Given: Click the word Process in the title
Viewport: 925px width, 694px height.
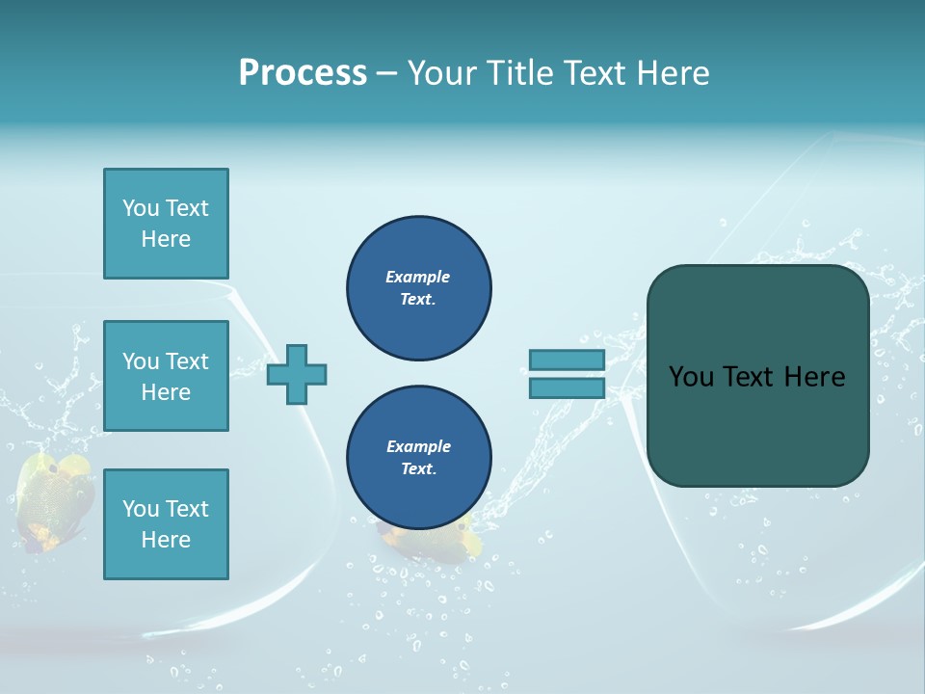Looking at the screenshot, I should tap(303, 72).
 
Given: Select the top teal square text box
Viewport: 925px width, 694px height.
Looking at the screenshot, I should tap(166, 224).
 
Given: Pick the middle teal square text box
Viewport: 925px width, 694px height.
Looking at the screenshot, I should tap(166, 376).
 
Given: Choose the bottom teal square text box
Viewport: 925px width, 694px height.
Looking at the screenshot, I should tap(166, 524).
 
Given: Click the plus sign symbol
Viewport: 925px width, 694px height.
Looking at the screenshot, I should tap(297, 374).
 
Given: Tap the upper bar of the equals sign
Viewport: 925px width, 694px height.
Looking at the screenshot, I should tap(567, 360).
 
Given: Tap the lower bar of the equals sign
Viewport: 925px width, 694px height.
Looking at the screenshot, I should tap(567, 387).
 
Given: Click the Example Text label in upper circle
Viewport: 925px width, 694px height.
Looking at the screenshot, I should tap(418, 287).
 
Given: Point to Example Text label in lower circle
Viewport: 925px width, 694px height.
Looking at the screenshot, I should tap(418, 457).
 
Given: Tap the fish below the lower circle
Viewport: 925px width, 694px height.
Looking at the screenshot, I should tap(424, 543).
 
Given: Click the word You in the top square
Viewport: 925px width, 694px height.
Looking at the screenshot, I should tap(141, 208).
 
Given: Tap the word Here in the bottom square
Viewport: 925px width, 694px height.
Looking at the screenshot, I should tap(166, 540).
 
